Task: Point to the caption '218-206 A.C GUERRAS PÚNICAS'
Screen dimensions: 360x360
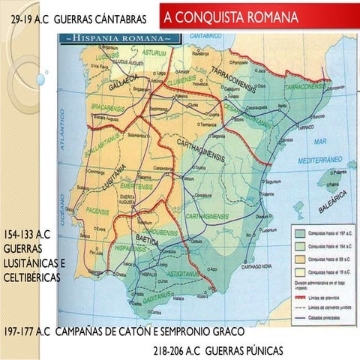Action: click(x=217, y=349)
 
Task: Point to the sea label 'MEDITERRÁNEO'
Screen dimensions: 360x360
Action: click(x=330, y=160)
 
